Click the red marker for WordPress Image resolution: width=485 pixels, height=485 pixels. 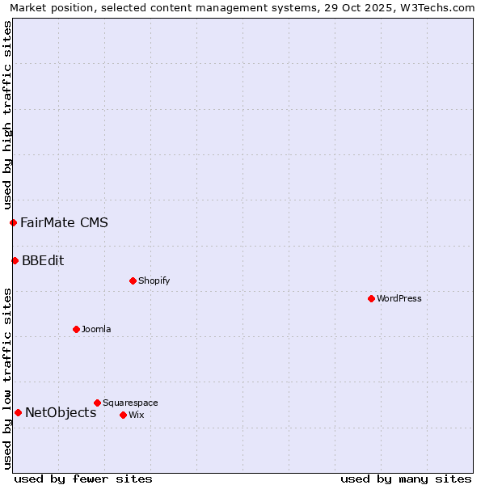[371, 298]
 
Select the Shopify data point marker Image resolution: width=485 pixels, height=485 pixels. [133, 280]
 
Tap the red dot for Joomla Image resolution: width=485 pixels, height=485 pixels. [76, 329]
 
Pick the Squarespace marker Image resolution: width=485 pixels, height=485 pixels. [97, 403]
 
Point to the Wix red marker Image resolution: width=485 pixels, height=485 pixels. [123, 415]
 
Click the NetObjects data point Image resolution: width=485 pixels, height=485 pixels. [18, 412]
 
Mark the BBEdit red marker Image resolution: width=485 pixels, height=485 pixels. [15, 260]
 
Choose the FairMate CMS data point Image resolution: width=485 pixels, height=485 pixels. [13, 222]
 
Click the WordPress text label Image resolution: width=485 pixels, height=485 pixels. [399, 298]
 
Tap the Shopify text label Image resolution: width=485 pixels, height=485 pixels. [154, 280]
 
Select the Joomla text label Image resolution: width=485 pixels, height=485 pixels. [96, 329]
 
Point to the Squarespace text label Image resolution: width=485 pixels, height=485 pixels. [130, 403]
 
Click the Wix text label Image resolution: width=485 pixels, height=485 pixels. [136, 415]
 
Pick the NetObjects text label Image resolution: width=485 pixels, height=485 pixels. [61, 412]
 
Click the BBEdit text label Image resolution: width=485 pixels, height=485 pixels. [43, 260]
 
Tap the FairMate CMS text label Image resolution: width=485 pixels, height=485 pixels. [64, 222]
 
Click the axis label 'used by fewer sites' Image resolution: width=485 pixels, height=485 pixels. [83, 479]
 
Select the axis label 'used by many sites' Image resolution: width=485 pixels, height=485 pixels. [406, 479]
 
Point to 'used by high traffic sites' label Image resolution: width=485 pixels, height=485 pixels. [7, 115]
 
